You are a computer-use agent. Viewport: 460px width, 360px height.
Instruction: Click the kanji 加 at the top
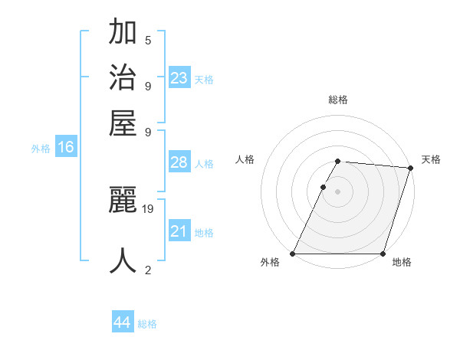point(123,34)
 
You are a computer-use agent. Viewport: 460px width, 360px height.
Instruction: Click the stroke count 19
point(148,208)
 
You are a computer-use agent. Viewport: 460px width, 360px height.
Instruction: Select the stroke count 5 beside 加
point(148,41)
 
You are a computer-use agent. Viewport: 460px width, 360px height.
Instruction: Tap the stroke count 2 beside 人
point(148,270)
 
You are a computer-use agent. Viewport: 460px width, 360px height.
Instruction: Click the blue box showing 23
point(179,78)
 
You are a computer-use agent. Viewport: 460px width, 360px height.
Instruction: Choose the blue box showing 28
point(179,162)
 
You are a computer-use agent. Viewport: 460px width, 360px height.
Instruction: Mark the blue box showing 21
point(179,231)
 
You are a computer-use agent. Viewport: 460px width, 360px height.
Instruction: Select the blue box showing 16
point(66,148)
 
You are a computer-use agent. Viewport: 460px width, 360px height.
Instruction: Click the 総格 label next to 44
point(147,324)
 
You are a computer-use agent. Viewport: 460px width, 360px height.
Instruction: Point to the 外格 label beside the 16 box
point(41,149)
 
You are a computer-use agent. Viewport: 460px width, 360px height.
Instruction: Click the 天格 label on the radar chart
point(431,159)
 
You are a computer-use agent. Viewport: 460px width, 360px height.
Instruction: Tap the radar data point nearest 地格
point(383,254)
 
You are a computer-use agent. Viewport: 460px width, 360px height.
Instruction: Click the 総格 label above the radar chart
point(337,100)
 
